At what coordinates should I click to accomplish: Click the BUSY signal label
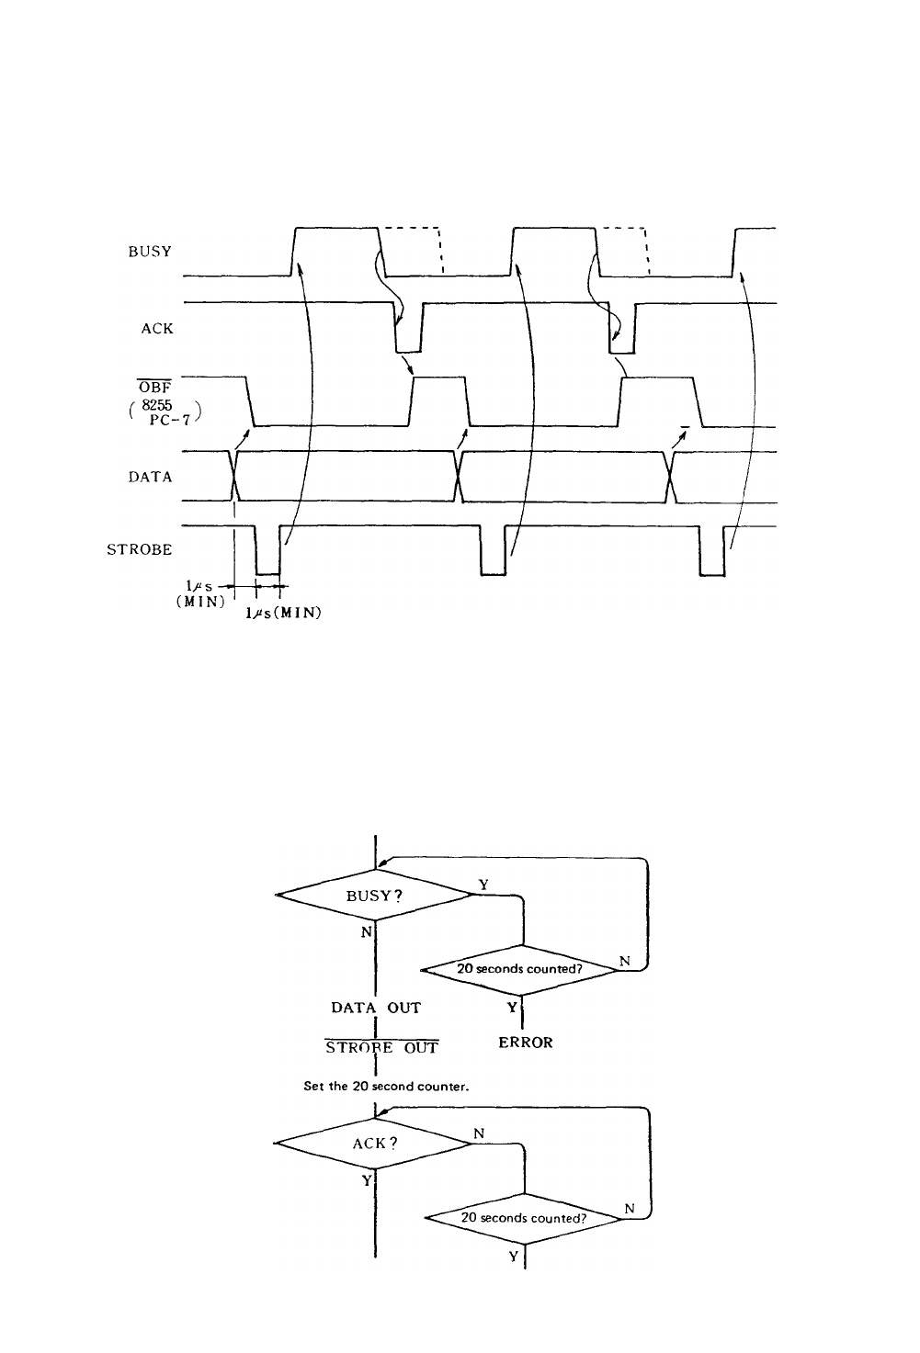click(150, 252)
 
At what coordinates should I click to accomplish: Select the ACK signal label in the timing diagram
click(157, 329)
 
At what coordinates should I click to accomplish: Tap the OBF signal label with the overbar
click(155, 388)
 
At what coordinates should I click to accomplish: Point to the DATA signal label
click(150, 477)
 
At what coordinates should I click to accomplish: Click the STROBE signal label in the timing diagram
click(140, 549)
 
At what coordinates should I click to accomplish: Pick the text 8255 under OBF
click(157, 406)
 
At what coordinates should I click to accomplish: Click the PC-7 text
click(170, 420)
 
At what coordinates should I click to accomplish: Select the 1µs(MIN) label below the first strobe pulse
click(283, 613)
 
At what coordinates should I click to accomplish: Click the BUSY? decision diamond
click(374, 896)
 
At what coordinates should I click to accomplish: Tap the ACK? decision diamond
click(374, 1144)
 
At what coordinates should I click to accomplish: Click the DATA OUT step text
click(376, 1008)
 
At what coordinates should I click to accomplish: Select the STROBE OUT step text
click(381, 1047)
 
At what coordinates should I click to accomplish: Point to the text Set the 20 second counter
click(386, 1087)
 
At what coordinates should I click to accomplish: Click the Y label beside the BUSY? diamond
click(483, 885)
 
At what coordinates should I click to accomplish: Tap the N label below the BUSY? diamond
click(367, 932)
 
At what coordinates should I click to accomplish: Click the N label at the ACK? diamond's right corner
click(480, 1133)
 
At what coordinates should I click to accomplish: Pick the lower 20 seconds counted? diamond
click(524, 1218)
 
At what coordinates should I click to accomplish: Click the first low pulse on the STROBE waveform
click(268, 550)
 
